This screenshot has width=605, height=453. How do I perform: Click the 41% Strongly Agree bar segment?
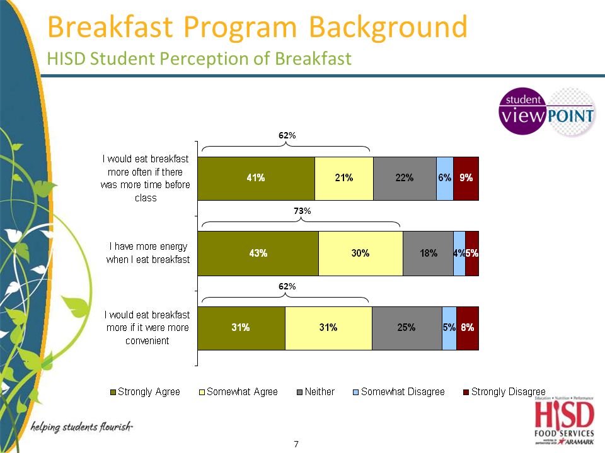point(256,178)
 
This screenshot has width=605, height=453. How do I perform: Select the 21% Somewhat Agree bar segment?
point(343,178)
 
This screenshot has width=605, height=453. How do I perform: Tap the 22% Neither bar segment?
point(405,178)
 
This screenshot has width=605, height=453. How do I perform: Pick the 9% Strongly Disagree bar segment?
point(466,178)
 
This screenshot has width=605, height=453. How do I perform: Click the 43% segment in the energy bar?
point(258,254)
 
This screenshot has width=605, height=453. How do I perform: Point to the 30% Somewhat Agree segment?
point(360,254)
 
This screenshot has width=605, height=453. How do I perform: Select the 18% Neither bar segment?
point(428,254)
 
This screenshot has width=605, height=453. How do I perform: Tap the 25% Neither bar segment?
point(406,327)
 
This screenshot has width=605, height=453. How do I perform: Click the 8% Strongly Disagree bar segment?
point(468,327)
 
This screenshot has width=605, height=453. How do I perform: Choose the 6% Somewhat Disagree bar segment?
point(444,178)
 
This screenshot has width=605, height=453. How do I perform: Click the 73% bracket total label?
point(302,211)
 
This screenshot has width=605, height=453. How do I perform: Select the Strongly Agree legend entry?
point(145,392)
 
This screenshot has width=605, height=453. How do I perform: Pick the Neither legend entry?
point(315,392)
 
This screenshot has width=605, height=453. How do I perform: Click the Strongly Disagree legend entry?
point(504,392)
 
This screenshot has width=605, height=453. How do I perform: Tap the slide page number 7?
point(296,444)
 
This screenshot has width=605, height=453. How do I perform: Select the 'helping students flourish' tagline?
point(82,428)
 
